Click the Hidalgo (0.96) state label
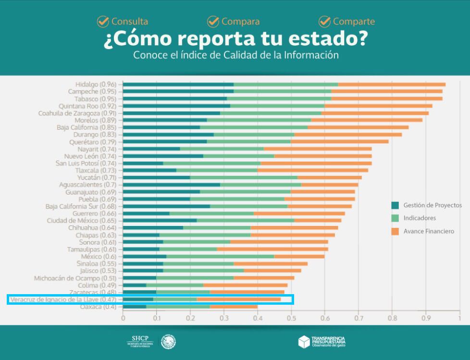(x=96, y=84)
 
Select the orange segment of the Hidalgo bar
(x=392, y=84)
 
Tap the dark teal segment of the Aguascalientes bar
(x=172, y=185)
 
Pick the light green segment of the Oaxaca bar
(x=178, y=306)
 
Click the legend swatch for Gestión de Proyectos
(x=395, y=205)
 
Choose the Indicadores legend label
(x=420, y=218)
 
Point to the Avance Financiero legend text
(x=429, y=231)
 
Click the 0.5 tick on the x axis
(x=291, y=318)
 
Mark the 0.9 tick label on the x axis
(x=426, y=318)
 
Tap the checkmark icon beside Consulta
(x=103, y=21)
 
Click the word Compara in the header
(x=240, y=22)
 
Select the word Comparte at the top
(x=354, y=22)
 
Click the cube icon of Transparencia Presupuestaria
(x=304, y=342)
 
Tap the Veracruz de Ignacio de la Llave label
(x=63, y=299)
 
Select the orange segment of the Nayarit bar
(x=318, y=149)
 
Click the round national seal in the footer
(x=168, y=342)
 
